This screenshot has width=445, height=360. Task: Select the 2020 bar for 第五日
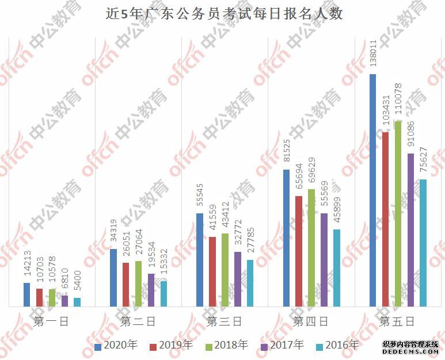point(372,190)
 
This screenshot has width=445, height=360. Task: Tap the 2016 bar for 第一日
point(77,302)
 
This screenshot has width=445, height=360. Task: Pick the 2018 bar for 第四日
point(311,248)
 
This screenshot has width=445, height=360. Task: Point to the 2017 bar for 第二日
point(151,290)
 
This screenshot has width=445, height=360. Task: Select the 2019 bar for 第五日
point(385,219)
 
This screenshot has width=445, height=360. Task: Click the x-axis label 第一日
point(52,321)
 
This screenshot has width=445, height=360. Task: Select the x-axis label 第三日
point(224,321)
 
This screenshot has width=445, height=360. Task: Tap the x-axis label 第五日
point(397,321)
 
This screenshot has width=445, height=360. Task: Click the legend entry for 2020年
point(117,346)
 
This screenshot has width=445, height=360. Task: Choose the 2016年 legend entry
point(337,346)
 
